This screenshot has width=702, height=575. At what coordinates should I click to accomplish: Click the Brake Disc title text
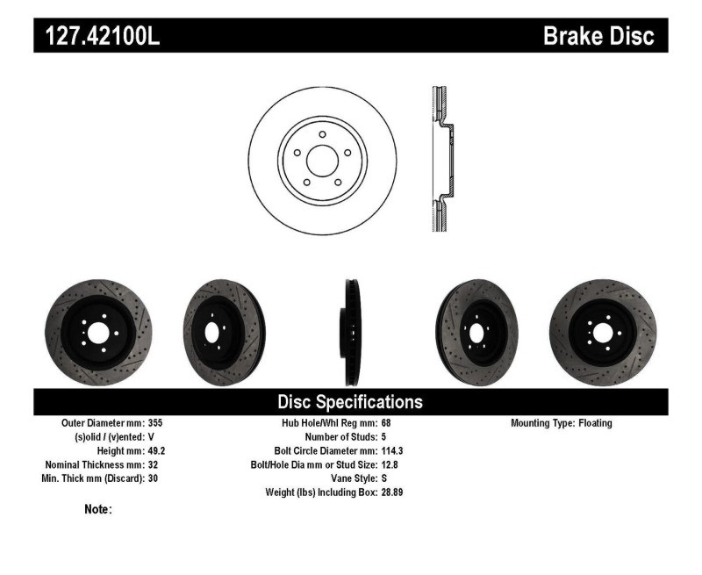pyautogui.click(x=598, y=36)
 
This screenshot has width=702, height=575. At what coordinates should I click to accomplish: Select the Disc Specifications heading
pyautogui.click(x=350, y=402)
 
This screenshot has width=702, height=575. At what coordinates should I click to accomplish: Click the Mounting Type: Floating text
pyautogui.click(x=562, y=423)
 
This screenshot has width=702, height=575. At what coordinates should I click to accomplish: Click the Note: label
pyautogui.click(x=97, y=509)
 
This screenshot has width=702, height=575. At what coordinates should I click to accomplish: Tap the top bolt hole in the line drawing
pyautogui.click(x=322, y=134)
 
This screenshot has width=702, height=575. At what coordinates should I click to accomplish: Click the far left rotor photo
pyautogui.click(x=98, y=332)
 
